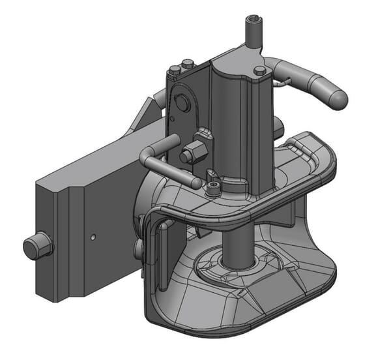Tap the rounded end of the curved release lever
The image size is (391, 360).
[337, 98]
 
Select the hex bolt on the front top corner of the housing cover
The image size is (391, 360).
[259, 70]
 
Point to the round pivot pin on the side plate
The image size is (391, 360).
[181, 104]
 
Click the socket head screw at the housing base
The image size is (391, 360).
[214, 189]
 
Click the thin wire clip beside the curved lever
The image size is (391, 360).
[282, 82]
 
